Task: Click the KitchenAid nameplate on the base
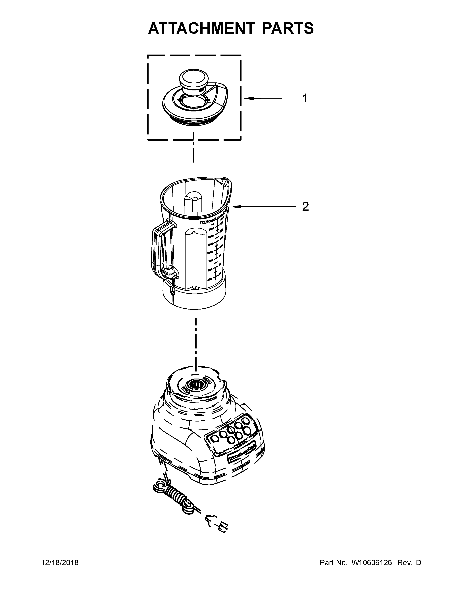coord(242,454)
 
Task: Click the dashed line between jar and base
coord(195,345)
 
